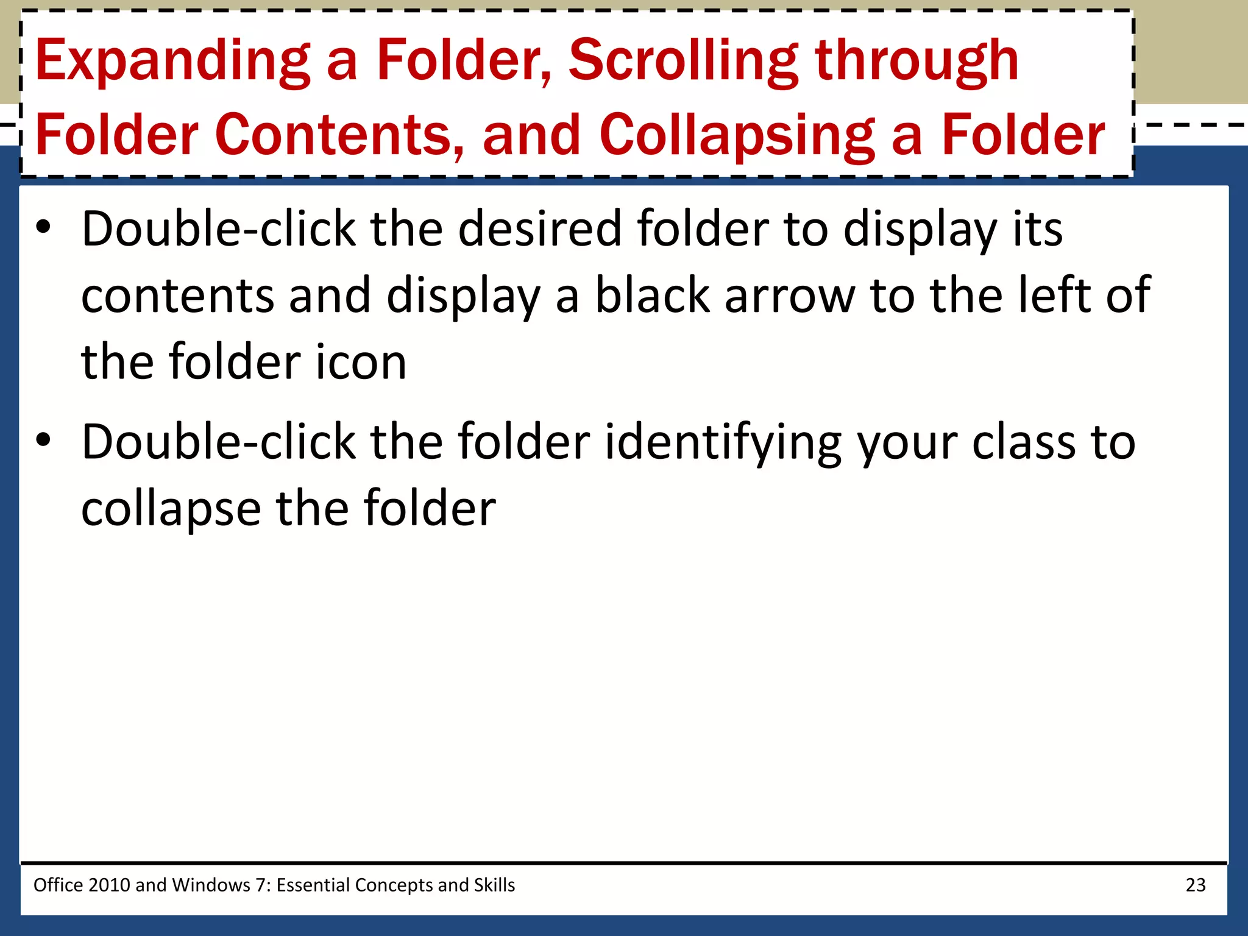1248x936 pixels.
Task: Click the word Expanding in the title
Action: pyautogui.click(x=172, y=61)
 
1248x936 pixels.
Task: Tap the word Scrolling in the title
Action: pyautogui.click(x=683, y=61)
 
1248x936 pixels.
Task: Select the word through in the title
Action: pyautogui.click(x=916, y=61)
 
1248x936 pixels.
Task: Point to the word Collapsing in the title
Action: pyautogui.click(x=737, y=135)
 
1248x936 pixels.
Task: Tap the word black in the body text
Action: pyautogui.click(x=652, y=296)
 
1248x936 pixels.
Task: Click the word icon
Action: pyautogui.click(x=361, y=363)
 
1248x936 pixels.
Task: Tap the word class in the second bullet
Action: pyautogui.click(x=1024, y=442)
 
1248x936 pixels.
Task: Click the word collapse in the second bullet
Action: pyautogui.click(x=171, y=509)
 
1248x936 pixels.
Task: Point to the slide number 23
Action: pyautogui.click(x=1195, y=885)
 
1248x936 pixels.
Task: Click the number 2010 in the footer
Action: pyautogui.click(x=109, y=885)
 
